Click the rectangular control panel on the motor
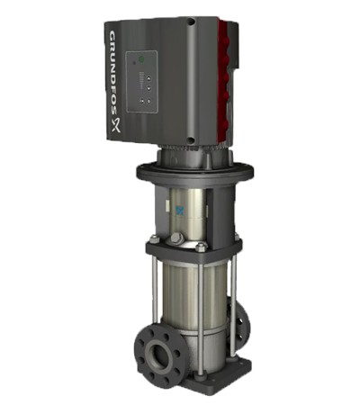(x=143, y=86)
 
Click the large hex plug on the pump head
(x=176, y=240)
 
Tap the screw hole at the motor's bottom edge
(x=190, y=139)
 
